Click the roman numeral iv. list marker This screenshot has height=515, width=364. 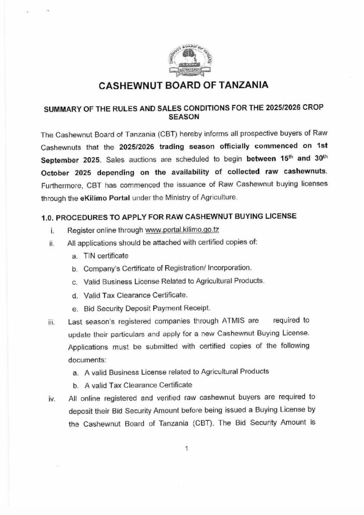click(51, 400)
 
